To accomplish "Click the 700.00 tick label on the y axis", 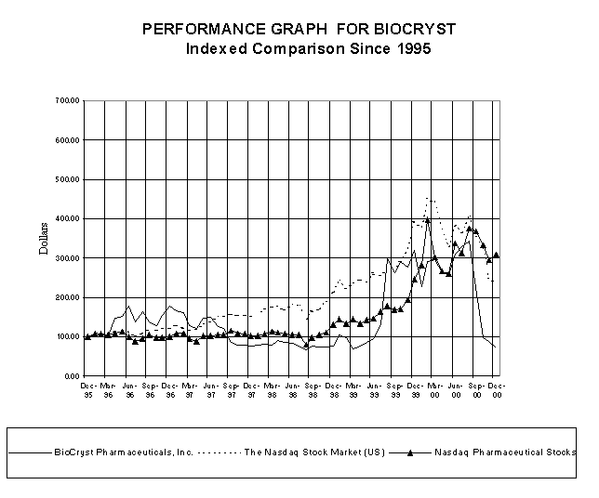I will pos(69,100).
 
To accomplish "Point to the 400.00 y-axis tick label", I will pos(69,219).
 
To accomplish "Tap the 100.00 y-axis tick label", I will pos(69,337).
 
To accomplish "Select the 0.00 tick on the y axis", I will pos(73,377).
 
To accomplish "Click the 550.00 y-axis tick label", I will pos(69,160).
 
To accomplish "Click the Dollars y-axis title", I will pos(42,238).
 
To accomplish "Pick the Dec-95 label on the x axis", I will pos(87,389).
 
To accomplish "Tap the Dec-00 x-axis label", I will pos(497,389).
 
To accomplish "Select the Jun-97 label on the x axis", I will pos(210,389).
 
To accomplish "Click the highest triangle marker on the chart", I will pos(428,220).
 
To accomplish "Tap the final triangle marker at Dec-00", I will pos(497,254).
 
